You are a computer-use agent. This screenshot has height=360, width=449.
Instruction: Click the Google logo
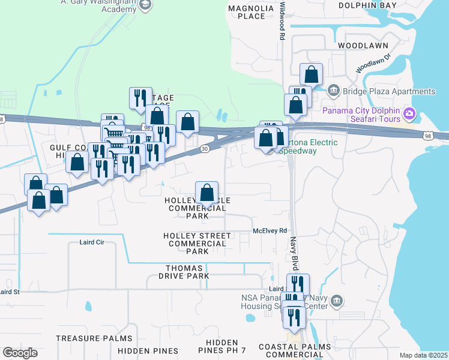click(20, 353)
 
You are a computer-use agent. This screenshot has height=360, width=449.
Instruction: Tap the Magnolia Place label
click(247, 12)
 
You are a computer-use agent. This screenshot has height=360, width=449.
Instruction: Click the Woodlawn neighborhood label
click(363, 46)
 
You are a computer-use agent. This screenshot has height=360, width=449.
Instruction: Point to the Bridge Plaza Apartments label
click(389, 92)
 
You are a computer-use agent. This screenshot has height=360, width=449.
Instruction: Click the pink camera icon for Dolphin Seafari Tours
click(410, 113)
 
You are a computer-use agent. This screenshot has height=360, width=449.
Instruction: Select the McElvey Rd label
click(271, 230)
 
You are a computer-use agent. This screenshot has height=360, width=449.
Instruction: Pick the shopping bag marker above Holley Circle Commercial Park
click(206, 193)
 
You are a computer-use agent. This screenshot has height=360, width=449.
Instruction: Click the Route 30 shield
click(205, 149)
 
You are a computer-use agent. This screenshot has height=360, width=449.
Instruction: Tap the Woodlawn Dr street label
click(373, 62)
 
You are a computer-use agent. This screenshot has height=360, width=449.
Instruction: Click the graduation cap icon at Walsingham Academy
click(145, 5)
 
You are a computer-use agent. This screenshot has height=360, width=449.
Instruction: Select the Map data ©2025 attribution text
click(423, 355)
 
